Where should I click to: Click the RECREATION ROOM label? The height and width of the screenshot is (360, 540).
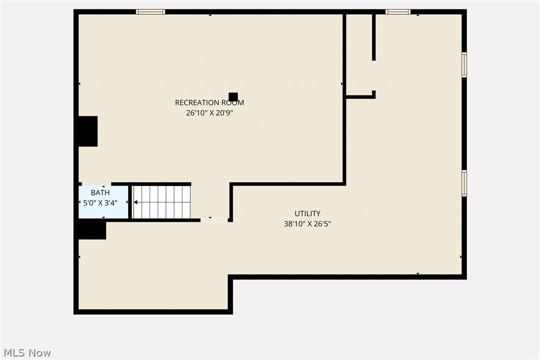click(209, 102)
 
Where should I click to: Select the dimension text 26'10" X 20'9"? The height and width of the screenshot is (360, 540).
click(209, 113)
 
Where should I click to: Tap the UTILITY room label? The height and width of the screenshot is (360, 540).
click(307, 214)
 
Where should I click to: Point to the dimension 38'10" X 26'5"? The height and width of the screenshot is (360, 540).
click(307, 224)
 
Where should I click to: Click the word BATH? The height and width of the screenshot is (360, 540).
click(100, 192)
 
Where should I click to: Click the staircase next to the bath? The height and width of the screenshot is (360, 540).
click(162, 202)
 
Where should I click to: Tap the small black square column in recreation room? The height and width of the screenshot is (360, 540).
click(233, 97)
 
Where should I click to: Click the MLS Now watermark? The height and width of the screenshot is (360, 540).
click(26, 353)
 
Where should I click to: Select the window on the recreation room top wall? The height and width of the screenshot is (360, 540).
click(151, 11)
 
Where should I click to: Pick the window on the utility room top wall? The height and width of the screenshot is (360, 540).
click(398, 11)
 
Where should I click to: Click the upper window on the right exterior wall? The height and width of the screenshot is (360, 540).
click(464, 65)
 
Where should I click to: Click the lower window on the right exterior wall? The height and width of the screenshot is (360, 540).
click(464, 183)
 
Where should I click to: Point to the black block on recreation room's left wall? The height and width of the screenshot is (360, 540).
click(88, 131)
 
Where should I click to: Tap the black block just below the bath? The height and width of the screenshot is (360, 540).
click(92, 230)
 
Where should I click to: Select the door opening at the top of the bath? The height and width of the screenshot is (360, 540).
click(96, 184)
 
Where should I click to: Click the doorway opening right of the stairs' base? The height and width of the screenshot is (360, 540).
click(214, 219)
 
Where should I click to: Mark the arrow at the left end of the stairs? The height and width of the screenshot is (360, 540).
click(136, 202)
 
